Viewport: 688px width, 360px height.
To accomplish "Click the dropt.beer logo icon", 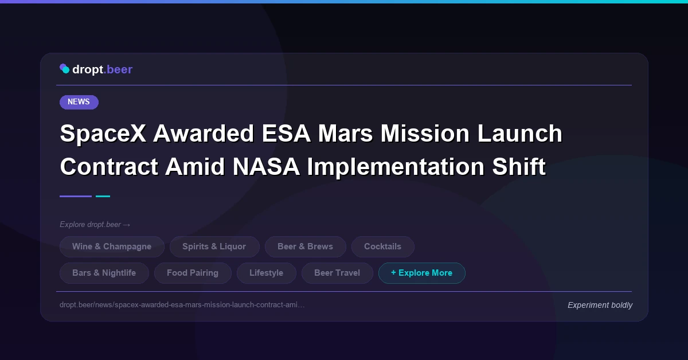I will pyautogui.click(x=65, y=69).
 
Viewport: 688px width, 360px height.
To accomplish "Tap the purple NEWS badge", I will pyautogui.click(x=79, y=102).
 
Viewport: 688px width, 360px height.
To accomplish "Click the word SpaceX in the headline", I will pyautogui.click(x=102, y=134).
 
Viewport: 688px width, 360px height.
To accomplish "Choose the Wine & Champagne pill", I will pyautogui.click(x=112, y=246).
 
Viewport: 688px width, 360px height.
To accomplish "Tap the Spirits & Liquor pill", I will pyautogui.click(x=214, y=246).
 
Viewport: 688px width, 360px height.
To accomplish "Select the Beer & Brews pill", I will pyautogui.click(x=305, y=246).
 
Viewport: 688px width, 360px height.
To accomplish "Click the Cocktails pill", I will pyautogui.click(x=382, y=246).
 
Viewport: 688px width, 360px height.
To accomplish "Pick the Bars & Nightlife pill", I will pyautogui.click(x=104, y=273).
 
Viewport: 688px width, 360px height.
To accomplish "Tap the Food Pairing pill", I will pyautogui.click(x=193, y=273).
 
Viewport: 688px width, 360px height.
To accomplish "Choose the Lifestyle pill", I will pyautogui.click(x=266, y=273).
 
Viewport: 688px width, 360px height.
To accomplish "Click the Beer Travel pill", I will pyautogui.click(x=337, y=273).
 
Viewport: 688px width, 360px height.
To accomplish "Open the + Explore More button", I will pyautogui.click(x=421, y=273).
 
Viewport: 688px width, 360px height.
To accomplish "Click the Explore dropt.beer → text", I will pyautogui.click(x=95, y=224).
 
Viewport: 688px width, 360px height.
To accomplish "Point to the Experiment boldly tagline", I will pyautogui.click(x=600, y=305).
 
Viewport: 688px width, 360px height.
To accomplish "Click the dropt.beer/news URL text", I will pyautogui.click(x=182, y=304).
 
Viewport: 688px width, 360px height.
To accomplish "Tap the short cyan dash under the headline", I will pyautogui.click(x=103, y=196).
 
